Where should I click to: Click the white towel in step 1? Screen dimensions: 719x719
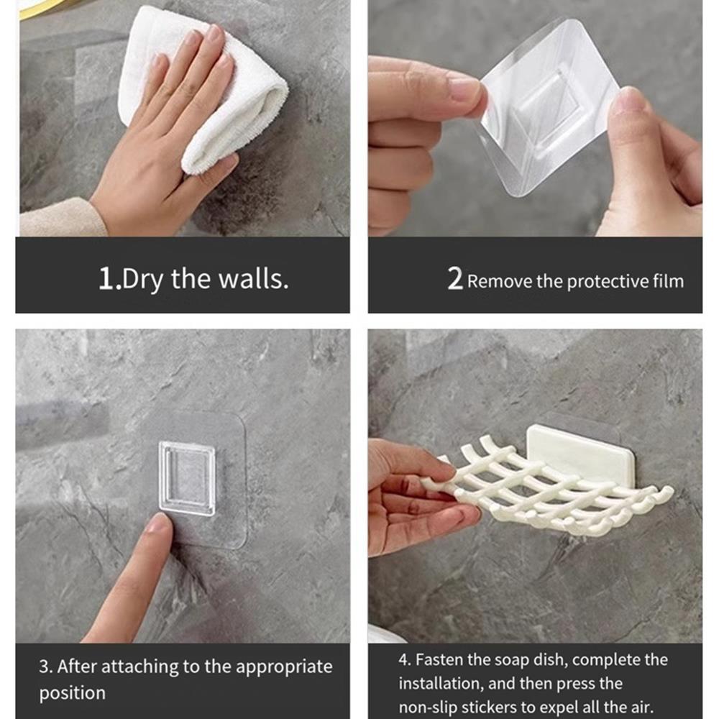pos(237,108)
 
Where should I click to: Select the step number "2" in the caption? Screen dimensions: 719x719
pos(454,280)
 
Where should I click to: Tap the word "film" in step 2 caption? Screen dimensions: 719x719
pos(669,281)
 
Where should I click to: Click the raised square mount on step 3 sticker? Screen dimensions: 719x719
pos(187,478)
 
